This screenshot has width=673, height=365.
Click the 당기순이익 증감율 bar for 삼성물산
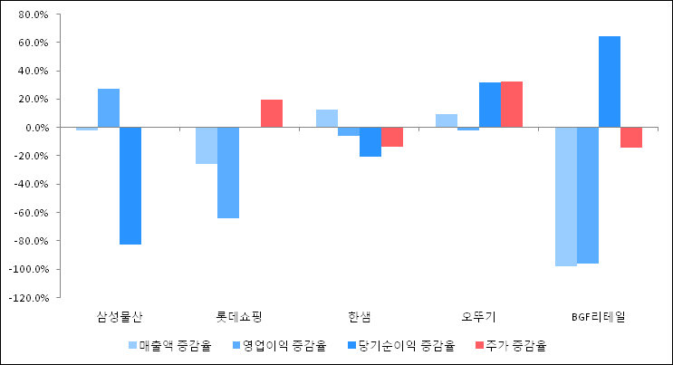pyautogui.click(x=130, y=186)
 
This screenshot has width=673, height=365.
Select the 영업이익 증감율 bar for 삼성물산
pyautogui.click(x=109, y=108)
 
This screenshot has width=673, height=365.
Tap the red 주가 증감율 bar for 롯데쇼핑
pyautogui.click(x=272, y=113)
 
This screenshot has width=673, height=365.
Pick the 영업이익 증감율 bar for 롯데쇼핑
pyautogui.click(x=228, y=172)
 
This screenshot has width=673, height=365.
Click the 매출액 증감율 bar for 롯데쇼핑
pyautogui.click(x=207, y=146)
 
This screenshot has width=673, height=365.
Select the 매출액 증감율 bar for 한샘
pyautogui.click(x=327, y=119)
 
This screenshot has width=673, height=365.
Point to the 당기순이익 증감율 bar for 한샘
pyautogui.click(x=370, y=142)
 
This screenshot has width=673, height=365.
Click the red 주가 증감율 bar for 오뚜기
pyautogui.click(x=512, y=104)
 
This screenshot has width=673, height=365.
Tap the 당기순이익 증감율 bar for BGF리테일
pyautogui.click(x=610, y=82)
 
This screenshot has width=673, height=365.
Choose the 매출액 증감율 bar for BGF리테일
pyautogui.click(x=566, y=197)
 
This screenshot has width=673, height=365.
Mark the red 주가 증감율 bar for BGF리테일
pyautogui.click(x=631, y=138)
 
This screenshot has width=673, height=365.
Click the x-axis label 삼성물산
pyautogui.click(x=120, y=316)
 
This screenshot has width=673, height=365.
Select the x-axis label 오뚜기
pyautogui.click(x=479, y=316)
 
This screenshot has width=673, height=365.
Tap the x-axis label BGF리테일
pyautogui.click(x=599, y=316)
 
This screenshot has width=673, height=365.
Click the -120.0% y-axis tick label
pyautogui.click(x=29, y=297)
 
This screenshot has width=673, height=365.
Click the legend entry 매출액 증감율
pyautogui.click(x=169, y=345)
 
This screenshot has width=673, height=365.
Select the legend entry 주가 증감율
pyautogui.click(x=512, y=345)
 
